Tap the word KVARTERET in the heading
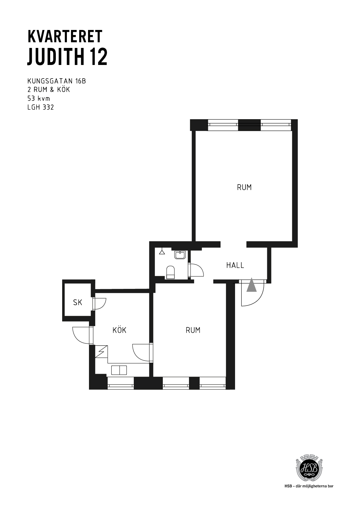[65, 36]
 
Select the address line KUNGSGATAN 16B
[56, 81]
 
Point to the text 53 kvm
[38, 98]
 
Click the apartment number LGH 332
[41, 107]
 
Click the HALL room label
[235, 265]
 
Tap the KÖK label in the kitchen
[119, 330]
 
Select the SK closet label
[78, 302]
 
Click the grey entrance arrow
[251, 284]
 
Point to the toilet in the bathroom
[170, 272]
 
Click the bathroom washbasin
[180, 255]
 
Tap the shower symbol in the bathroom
[162, 251]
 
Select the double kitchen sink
[119, 370]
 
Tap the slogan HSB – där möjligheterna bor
[309, 486]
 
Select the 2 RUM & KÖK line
[49, 90]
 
